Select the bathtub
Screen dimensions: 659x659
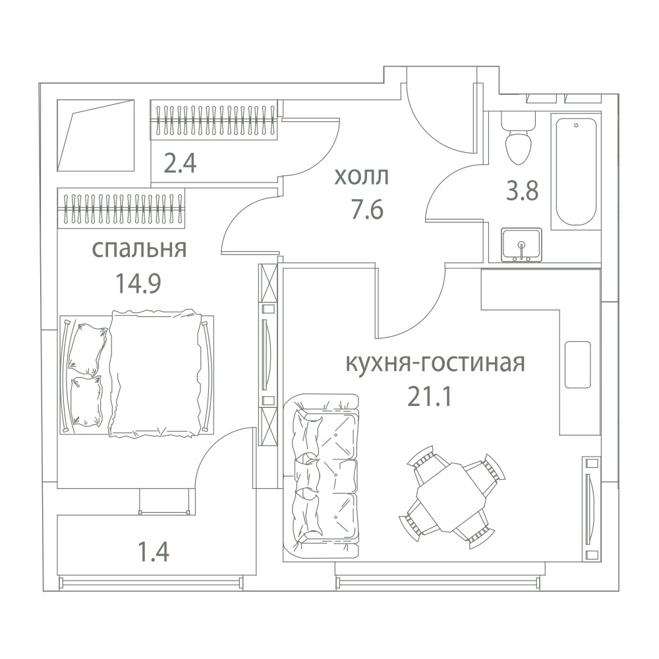tap(576, 172)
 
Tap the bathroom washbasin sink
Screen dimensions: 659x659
tap(521, 244)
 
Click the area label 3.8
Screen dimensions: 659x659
tap(522, 191)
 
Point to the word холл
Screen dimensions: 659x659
tap(361, 177)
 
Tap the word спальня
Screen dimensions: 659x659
tap(139, 249)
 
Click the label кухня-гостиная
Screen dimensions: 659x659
tap(435, 363)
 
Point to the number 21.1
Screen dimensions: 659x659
tap(430, 397)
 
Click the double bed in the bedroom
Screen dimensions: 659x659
tap(137, 374)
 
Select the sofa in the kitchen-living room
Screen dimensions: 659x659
tap(322, 476)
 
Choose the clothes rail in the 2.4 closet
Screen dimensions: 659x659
tap(214, 119)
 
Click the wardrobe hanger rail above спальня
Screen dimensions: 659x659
tap(121, 208)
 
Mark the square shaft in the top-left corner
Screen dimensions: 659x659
tap(96, 135)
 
